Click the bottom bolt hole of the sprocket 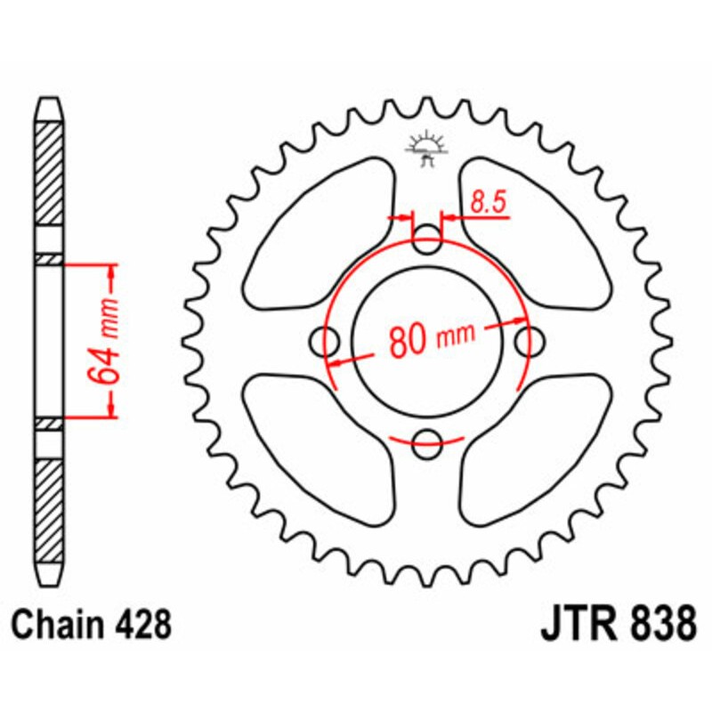(x=429, y=438)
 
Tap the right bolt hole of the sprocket (x=530, y=339)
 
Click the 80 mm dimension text (x=430, y=339)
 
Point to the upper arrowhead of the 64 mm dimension (x=110, y=271)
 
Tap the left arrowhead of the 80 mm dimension (x=336, y=362)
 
